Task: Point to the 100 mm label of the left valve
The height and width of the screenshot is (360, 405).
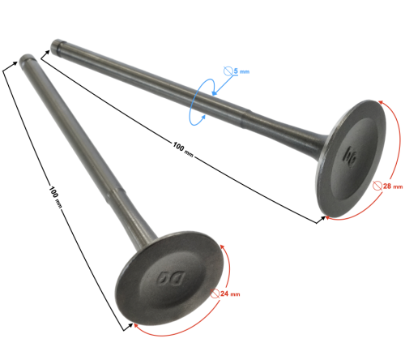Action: point(55,197)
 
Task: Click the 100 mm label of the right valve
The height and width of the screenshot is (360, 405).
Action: point(183,149)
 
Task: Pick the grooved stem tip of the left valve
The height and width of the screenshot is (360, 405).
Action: point(26,59)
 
